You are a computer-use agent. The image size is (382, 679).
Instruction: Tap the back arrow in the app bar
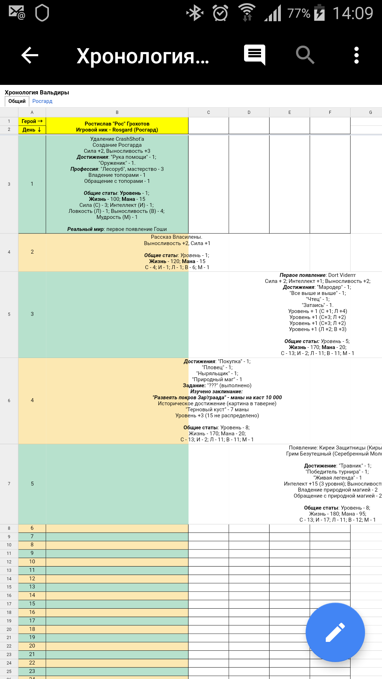click(30, 56)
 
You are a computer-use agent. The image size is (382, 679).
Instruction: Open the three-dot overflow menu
click(356, 55)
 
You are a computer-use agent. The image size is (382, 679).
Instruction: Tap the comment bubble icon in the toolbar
click(254, 54)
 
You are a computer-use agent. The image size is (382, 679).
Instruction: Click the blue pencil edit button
click(335, 632)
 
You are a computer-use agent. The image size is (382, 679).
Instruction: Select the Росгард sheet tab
click(42, 101)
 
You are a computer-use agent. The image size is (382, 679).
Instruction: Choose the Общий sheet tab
click(17, 101)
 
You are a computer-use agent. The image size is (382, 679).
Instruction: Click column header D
click(249, 112)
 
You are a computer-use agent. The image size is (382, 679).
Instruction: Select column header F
click(330, 112)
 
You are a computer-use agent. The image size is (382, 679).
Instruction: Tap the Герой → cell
click(32, 121)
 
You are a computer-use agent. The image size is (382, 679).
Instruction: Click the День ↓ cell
click(32, 130)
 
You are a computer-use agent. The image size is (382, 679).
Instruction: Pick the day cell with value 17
click(32, 621)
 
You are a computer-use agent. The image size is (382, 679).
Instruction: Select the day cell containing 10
click(32, 562)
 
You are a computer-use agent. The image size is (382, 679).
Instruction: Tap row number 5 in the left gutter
click(9, 314)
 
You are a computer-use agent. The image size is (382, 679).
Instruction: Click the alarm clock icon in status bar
click(220, 13)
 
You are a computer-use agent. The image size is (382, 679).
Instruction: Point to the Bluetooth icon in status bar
click(195, 13)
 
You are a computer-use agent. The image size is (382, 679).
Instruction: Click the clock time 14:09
click(353, 13)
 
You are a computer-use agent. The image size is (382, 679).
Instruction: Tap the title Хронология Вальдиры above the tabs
click(37, 92)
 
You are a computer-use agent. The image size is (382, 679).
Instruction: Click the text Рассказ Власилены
click(176, 237)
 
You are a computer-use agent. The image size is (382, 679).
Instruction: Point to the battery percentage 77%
click(299, 13)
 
